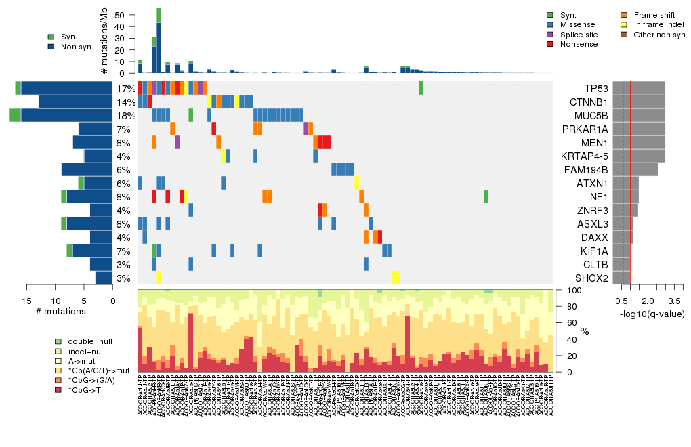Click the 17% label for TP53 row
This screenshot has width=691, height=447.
point(125,89)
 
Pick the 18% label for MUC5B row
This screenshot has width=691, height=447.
point(125,116)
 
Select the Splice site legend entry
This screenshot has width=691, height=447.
point(579,34)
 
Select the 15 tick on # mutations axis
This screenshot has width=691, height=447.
point(26,301)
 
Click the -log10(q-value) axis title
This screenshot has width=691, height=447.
point(643,314)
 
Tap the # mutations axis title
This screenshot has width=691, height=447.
point(60,312)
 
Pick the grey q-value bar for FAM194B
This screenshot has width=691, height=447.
point(631,170)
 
